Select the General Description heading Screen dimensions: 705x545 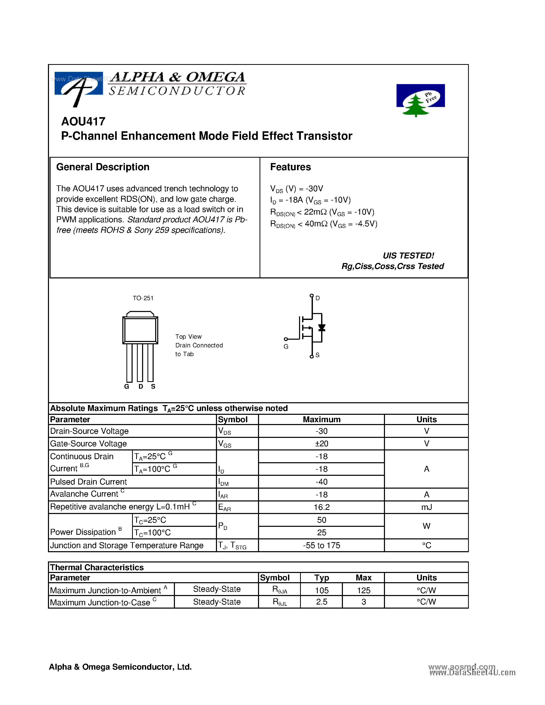[103, 167]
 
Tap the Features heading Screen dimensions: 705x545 [290, 167]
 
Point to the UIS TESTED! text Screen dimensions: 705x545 [408, 256]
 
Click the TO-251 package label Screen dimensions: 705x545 [143, 298]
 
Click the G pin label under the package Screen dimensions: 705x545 [126, 386]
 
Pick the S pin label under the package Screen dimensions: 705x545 [153, 386]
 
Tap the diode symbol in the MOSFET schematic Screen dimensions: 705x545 [322, 328]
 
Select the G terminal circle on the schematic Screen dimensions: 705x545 [286, 339]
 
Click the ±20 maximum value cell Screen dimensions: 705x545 [322, 444]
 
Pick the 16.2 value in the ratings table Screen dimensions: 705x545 [322, 507]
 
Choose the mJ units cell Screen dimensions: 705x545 [426, 507]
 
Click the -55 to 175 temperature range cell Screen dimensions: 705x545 [322, 545]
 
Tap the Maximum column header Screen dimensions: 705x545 [322, 419]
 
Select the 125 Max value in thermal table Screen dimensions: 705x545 [364, 590]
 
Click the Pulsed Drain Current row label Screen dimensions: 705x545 [88, 482]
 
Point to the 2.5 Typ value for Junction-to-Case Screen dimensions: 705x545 [322, 602]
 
